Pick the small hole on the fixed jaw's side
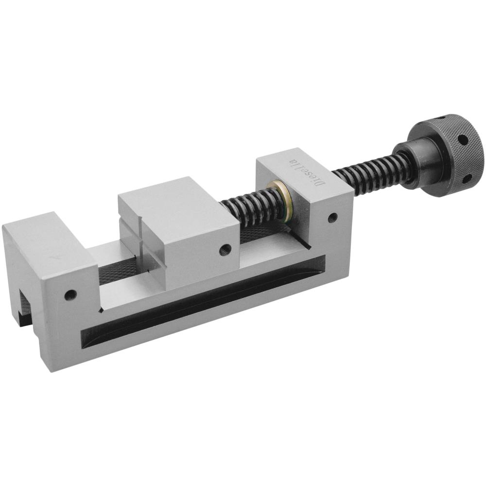[x=70, y=295]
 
